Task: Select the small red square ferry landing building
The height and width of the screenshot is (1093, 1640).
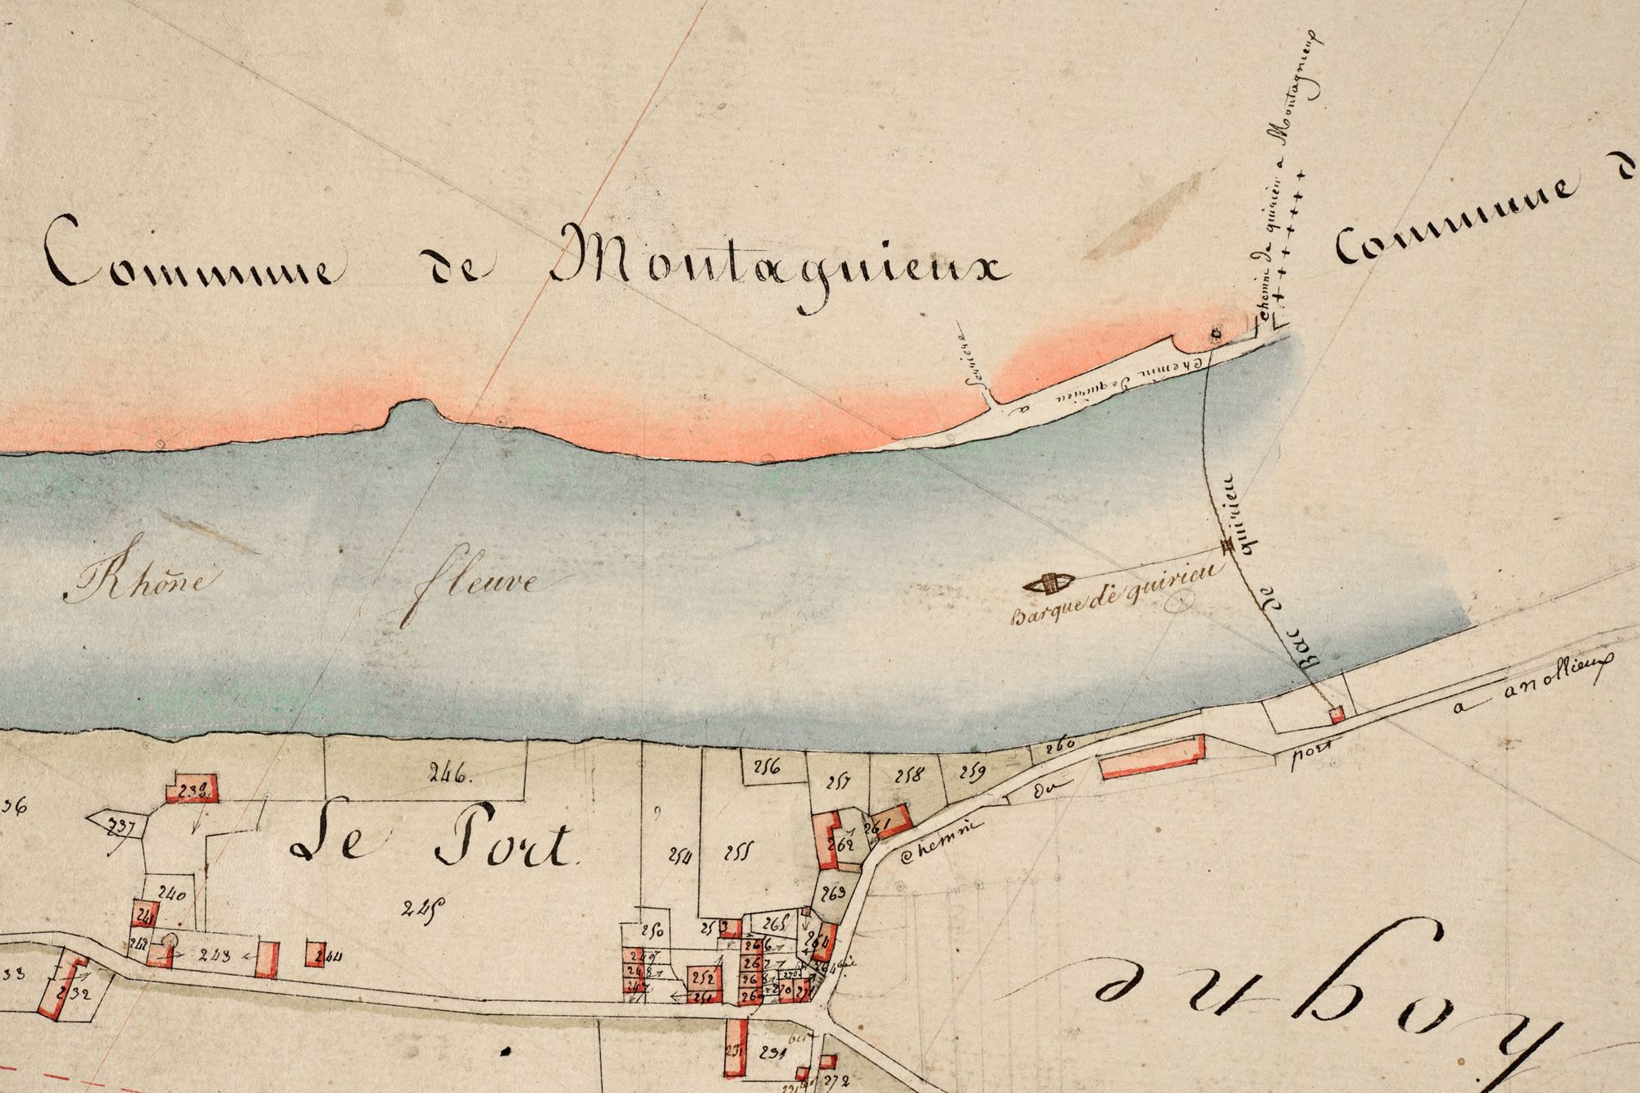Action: pyautogui.click(x=1336, y=715)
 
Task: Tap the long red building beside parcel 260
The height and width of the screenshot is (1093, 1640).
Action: pyautogui.click(x=1152, y=755)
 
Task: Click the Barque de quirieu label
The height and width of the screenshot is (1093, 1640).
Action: pyautogui.click(x=1111, y=607)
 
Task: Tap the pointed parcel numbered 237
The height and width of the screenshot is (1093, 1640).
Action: pyautogui.click(x=115, y=824)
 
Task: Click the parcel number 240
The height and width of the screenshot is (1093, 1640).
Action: pyautogui.click(x=173, y=895)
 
